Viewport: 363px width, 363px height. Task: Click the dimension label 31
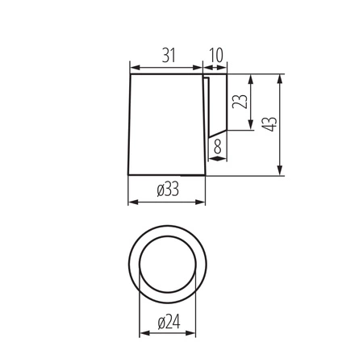[169, 55]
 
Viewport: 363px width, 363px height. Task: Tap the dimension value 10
[215, 55]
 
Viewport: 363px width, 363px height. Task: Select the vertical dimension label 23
[238, 103]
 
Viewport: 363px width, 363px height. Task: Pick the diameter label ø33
[167, 190]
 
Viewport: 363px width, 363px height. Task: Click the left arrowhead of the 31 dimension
[134, 67]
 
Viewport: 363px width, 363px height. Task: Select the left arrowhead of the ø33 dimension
[133, 201]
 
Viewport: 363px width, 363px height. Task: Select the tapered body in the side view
[168, 125]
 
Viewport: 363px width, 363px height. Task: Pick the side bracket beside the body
[215, 105]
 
